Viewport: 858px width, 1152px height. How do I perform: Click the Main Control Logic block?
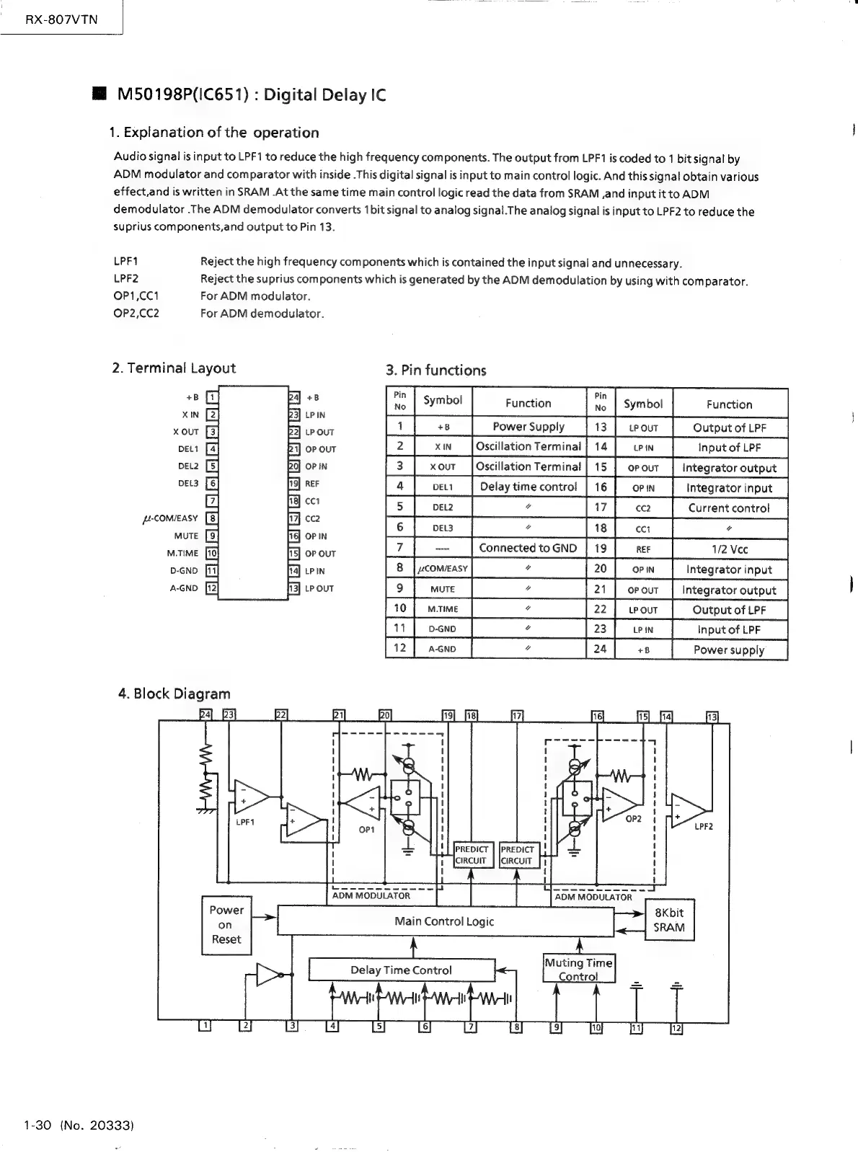[x=445, y=921]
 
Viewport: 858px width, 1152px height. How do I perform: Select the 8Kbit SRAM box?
[x=668, y=920]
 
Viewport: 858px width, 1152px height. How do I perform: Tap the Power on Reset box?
[x=226, y=925]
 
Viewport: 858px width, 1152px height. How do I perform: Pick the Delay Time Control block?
[x=402, y=970]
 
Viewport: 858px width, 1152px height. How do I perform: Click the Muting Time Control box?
[x=579, y=969]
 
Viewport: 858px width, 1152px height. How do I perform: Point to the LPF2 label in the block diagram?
[x=703, y=826]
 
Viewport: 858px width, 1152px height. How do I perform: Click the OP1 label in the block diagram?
[x=367, y=830]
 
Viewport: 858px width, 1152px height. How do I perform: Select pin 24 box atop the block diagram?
[x=205, y=715]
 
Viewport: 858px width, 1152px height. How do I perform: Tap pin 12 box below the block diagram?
[x=676, y=1028]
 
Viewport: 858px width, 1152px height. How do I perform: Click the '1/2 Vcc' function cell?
[x=729, y=549]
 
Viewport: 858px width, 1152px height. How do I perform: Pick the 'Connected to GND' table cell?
[x=528, y=548]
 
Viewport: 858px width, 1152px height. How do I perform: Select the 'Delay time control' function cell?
[x=528, y=487]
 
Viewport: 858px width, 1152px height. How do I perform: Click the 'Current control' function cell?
[x=729, y=508]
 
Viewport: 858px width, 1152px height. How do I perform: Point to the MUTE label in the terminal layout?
[x=186, y=536]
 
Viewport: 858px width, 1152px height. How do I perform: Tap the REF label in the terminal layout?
[x=312, y=484]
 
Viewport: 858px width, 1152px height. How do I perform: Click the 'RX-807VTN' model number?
[x=61, y=19]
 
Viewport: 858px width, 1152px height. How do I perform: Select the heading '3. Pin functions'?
[x=436, y=371]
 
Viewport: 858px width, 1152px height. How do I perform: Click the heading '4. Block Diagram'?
[x=174, y=694]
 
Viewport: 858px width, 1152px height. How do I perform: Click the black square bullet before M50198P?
[x=99, y=94]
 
